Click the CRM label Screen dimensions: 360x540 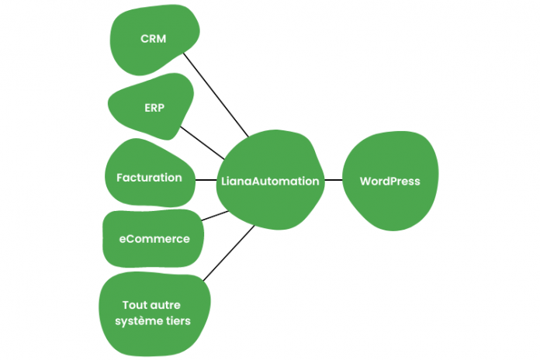point(153,39)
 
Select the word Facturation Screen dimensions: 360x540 point(149,178)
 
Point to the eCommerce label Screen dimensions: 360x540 point(154,239)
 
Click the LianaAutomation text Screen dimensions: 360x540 point(269,181)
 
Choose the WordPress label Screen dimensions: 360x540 point(389,181)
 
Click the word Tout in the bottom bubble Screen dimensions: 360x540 point(137,305)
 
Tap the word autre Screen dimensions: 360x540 point(170,305)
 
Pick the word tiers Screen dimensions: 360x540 point(178,320)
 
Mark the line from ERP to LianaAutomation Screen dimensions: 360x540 point(199,140)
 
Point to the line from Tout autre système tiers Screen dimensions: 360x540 point(230,253)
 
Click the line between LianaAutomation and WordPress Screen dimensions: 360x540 point(332,180)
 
